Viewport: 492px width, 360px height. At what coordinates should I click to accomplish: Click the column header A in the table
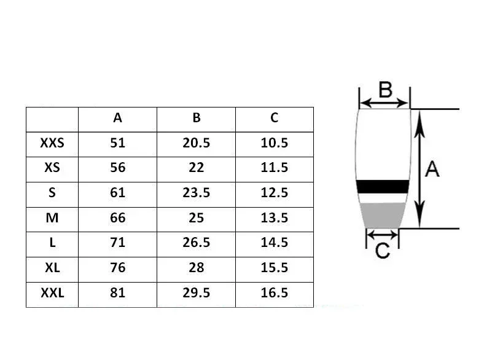coord(118,118)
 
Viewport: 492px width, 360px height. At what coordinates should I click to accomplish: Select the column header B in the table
coord(197,118)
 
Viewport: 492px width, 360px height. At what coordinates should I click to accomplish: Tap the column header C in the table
coord(274,118)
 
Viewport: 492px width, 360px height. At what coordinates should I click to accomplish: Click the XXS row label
coord(52,143)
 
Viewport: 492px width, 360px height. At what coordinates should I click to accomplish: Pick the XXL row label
coord(52,293)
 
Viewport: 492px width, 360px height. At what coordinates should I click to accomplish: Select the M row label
coord(52,218)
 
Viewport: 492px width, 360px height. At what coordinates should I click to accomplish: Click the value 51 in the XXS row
coord(118,143)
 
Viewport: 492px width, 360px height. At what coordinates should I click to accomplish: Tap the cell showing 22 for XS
coord(197,168)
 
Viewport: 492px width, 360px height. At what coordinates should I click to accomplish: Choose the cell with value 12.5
coord(274,193)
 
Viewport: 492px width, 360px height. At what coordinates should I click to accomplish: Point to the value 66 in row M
coord(118,218)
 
